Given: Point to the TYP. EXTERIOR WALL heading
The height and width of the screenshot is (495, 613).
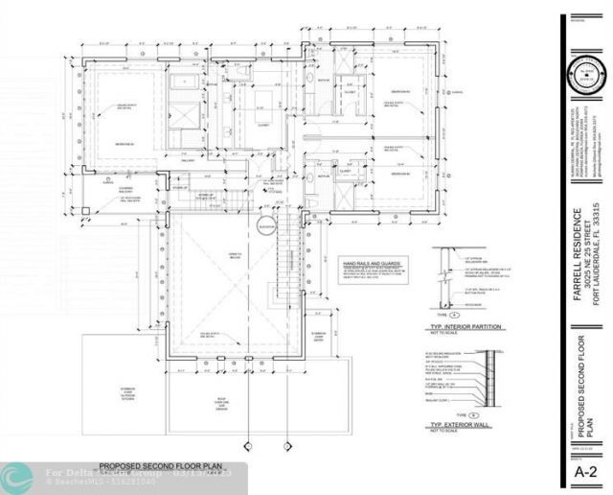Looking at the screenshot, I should (x=465, y=423).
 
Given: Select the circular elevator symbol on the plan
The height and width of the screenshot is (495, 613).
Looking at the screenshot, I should (x=265, y=226).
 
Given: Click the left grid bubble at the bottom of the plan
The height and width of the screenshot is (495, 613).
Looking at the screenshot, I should (x=248, y=443).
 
